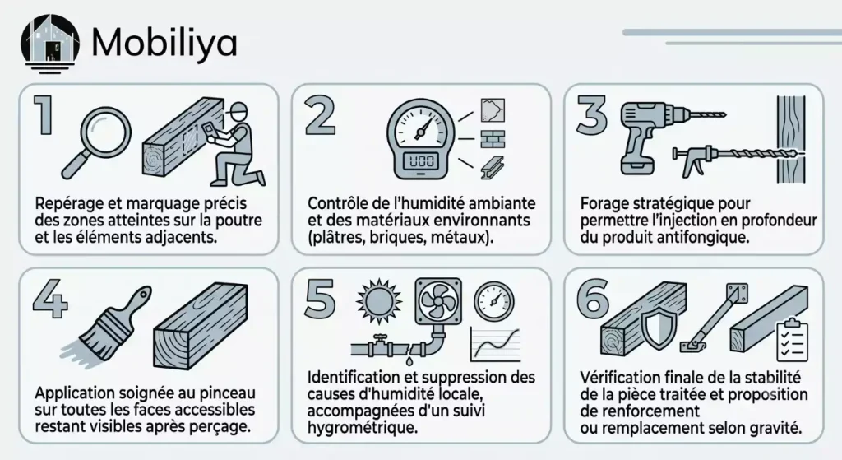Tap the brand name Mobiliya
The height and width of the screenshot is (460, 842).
coord(164,43)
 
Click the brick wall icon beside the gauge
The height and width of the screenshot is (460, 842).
coord(492,138)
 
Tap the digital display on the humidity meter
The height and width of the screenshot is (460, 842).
coord(422,160)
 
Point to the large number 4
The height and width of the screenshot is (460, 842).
coord(50,298)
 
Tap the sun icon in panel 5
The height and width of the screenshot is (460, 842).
coord(379,300)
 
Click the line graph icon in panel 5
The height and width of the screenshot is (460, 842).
coord(495,344)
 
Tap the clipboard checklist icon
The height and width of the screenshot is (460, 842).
coord(793,340)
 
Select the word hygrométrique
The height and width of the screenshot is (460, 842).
coord(363,428)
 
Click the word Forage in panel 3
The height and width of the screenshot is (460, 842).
coord(604,204)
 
